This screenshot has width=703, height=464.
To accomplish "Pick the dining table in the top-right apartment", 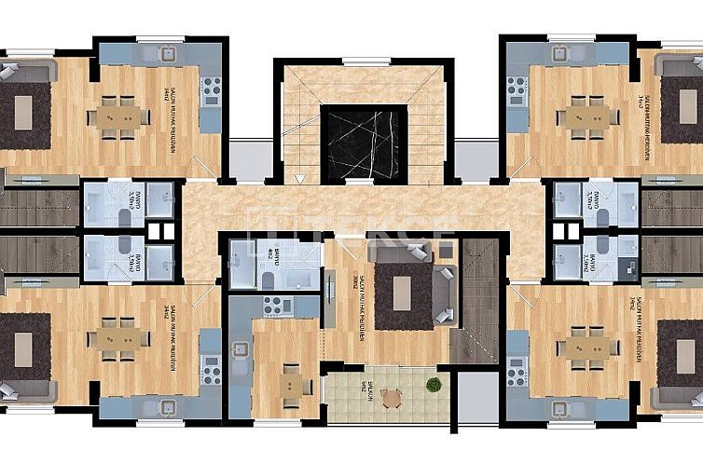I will [x=585, y=116].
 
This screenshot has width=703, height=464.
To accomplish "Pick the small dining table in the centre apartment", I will [x=292, y=382].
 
